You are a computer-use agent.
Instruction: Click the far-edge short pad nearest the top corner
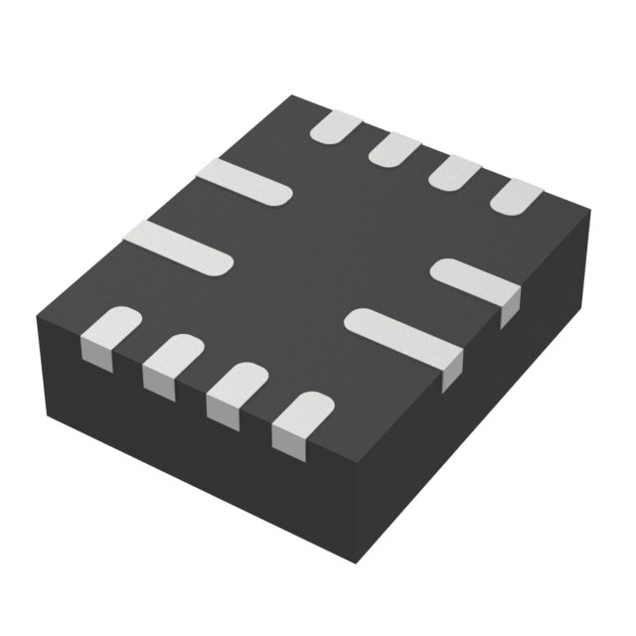(x=335, y=127)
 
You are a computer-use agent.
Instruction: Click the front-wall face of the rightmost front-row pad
(x=286, y=443)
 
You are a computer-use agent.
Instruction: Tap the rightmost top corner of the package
(x=589, y=211)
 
